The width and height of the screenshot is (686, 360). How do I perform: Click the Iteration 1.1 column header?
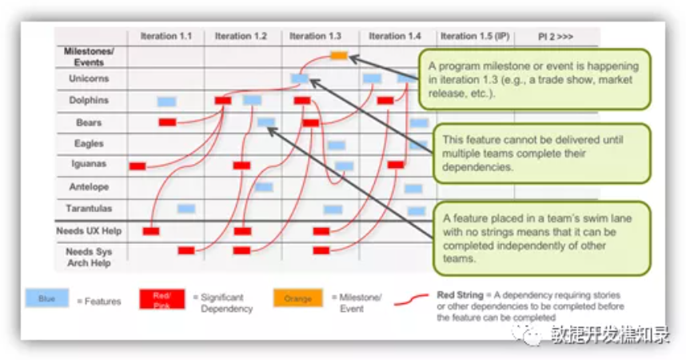click(166, 36)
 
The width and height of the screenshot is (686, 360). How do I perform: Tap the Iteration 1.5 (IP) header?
click(475, 36)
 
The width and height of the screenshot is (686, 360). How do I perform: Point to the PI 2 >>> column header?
click(555, 36)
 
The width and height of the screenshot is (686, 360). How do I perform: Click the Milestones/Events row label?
click(89, 56)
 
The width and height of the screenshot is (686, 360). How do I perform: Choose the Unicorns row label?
click(89, 78)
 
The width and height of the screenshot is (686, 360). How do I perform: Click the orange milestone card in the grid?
click(339, 56)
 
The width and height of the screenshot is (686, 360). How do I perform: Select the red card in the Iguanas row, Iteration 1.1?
click(138, 166)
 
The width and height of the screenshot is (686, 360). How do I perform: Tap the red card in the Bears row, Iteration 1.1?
click(167, 122)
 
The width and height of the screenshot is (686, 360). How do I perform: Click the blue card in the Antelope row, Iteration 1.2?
click(264, 187)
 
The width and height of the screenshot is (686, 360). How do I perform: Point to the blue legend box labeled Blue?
click(46, 298)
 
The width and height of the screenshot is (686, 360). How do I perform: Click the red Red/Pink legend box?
click(162, 299)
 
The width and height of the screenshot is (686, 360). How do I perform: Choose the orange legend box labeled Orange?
click(297, 298)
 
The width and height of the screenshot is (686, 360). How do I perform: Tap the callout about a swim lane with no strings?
click(540, 238)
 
